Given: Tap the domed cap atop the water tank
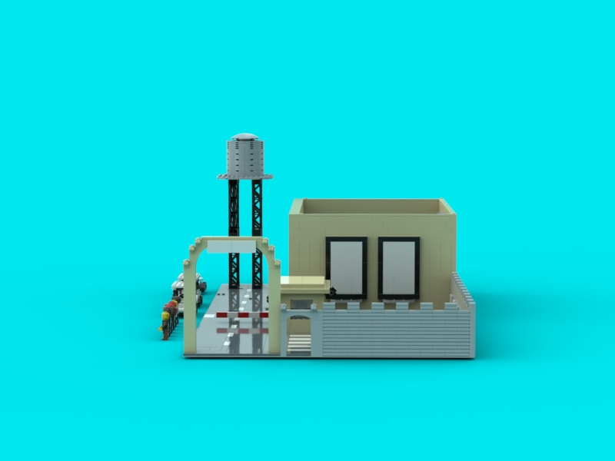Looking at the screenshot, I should click(x=244, y=137).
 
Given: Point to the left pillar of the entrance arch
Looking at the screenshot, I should click(x=190, y=307).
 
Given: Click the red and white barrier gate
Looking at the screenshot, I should click(x=241, y=314).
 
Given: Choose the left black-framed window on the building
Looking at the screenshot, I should click(x=346, y=267).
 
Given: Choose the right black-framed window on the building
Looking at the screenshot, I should click(x=398, y=267).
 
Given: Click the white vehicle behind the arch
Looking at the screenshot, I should click(x=188, y=286).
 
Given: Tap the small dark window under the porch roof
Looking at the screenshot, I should click(x=301, y=304).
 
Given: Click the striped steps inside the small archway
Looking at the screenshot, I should click(x=299, y=343).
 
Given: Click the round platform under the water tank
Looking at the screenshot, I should click(x=244, y=177).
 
